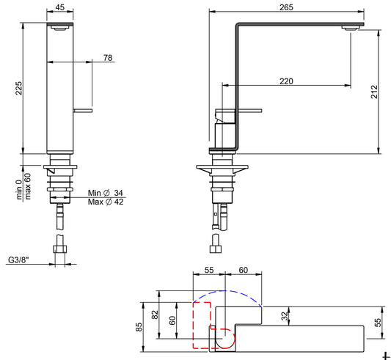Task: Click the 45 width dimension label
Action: pos(60,7)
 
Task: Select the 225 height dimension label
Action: pos(18,88)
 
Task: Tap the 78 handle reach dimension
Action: pos(108,58)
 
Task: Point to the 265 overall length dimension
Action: pos(286,7)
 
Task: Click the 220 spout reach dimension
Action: pos(286,81)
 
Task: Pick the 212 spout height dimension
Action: pos(374,92)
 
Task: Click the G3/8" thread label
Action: pos(18,260)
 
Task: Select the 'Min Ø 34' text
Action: pos(106,193)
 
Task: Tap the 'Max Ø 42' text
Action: pos(106,202)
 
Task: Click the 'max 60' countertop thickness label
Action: pos(28,186)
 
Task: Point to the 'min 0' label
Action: pos(19,189)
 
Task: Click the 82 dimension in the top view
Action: pos(155,315)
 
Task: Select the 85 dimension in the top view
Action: pos(139,327)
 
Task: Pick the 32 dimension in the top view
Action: pos(285,316)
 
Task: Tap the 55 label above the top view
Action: pos(209,270)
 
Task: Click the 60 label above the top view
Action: pos(243,270)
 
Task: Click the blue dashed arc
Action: pos(226,290)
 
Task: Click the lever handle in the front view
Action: pos(83,111)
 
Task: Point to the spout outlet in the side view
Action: pos(350,28)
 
